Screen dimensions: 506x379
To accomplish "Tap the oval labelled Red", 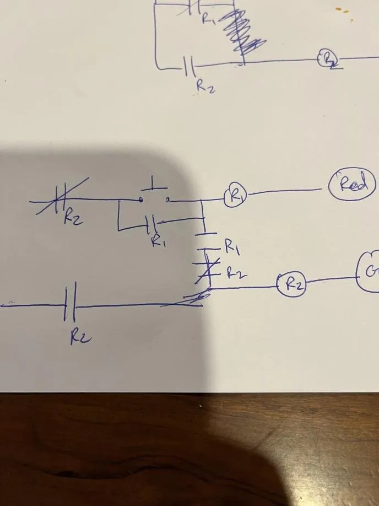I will click(x=352, y=185).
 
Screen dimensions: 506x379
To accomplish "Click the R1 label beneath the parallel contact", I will click(x=159, y=240).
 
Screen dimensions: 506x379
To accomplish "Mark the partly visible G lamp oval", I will click(x=369, y=271).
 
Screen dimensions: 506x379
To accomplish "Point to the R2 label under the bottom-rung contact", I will click(x=80, y=337).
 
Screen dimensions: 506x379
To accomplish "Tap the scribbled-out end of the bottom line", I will click(x=187, y=299).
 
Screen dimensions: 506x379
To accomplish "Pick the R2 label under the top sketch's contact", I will click(x=205, y=87).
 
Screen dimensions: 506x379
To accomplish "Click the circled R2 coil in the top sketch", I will click(x=329, y=58).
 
